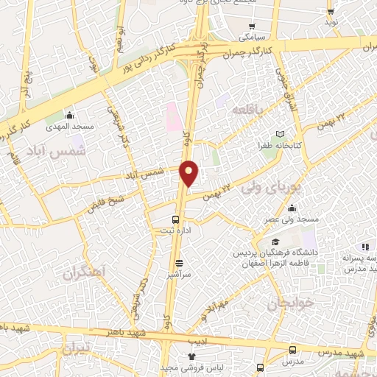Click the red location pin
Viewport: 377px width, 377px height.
click(189, 172)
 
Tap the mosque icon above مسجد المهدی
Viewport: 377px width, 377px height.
click(70, 115)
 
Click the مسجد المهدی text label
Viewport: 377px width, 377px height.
click(69, 127)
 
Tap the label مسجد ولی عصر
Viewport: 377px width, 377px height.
click(292, 220)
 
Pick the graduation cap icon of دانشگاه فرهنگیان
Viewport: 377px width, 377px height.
click(275, 242)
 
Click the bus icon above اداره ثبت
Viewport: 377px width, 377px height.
click(175, 219)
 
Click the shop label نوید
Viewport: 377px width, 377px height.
click(332, 23)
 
